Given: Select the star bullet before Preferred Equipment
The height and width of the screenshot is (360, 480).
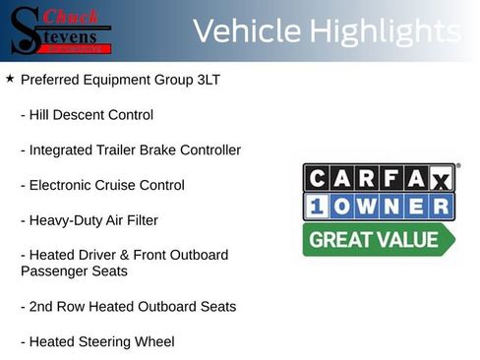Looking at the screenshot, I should [x=10, y=78].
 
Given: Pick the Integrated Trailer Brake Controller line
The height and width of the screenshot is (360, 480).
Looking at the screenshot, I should [x=130, y=150].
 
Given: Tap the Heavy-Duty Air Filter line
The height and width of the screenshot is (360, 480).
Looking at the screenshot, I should [x=89, y=220].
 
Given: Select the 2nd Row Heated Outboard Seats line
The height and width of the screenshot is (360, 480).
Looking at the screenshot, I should [x=128, y=306].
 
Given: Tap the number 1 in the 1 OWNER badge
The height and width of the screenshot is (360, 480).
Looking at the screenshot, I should [x=316, y=207].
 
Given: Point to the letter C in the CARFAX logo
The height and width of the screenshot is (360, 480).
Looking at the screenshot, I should [x=317, y=178].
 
